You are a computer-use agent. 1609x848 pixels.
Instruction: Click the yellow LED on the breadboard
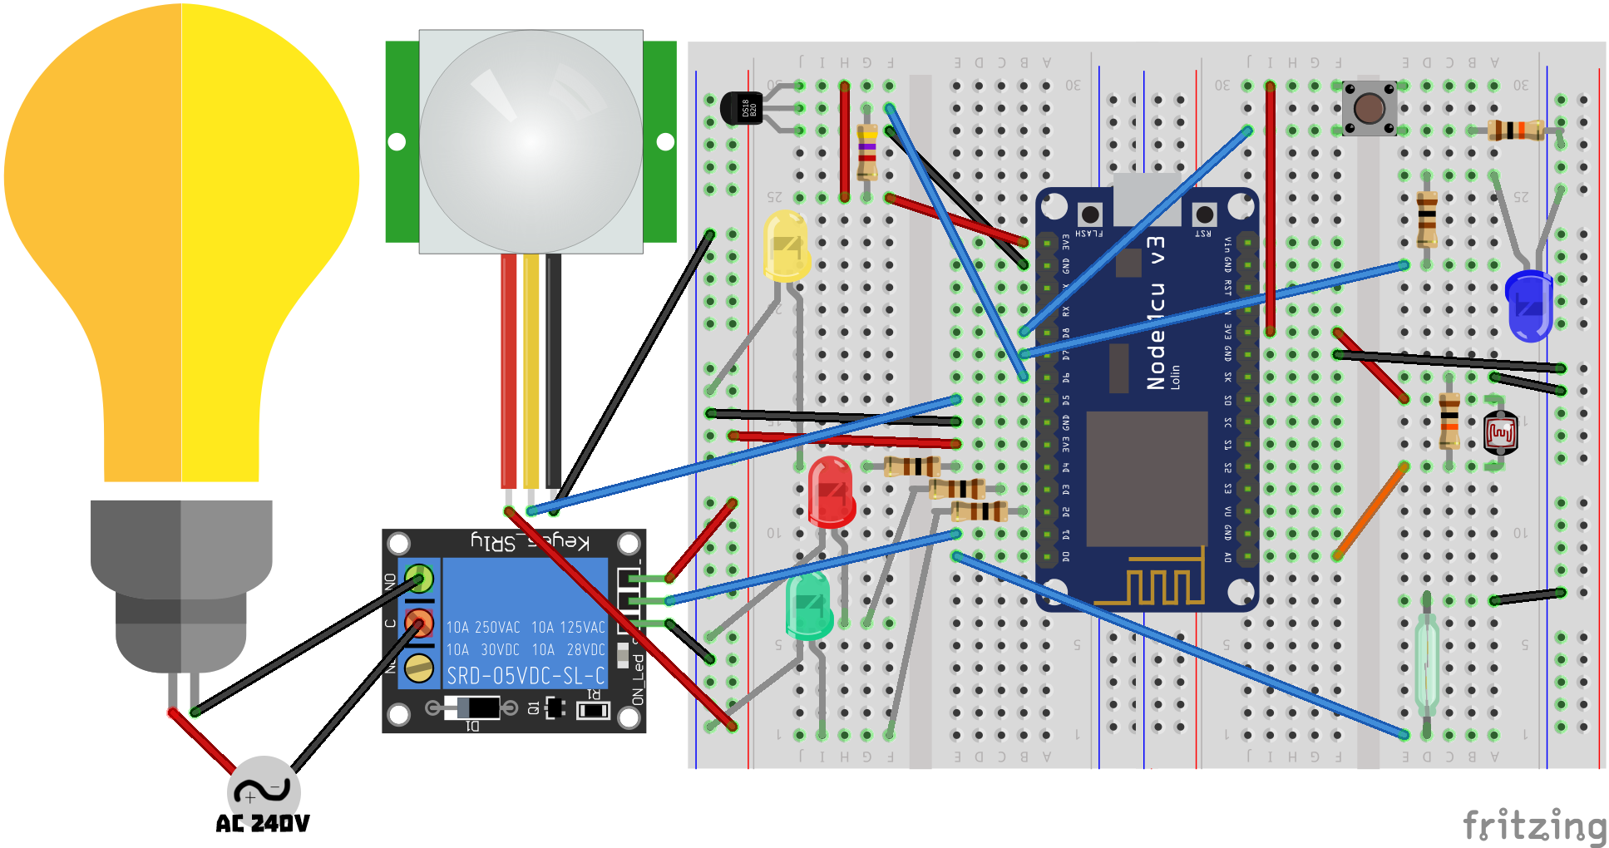pos(785,246)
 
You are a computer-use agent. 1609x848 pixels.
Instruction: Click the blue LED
pos(1528,305)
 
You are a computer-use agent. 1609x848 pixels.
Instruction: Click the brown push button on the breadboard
pos(1369,108)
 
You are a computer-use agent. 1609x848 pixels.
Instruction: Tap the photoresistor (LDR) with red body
pos(1500,432)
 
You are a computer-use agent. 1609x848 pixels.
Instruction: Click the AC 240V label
pos(262,824)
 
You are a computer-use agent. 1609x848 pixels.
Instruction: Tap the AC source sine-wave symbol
pos(263,790)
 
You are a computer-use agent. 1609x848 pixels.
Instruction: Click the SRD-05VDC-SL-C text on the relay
pos(526,676)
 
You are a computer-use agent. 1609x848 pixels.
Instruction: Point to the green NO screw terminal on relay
pos(419,578)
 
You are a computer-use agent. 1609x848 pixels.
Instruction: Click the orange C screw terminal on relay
pos(419,623)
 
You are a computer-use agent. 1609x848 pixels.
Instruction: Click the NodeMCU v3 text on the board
pos(1156,312)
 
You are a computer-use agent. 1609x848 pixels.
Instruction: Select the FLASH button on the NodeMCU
pos(1089,214)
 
